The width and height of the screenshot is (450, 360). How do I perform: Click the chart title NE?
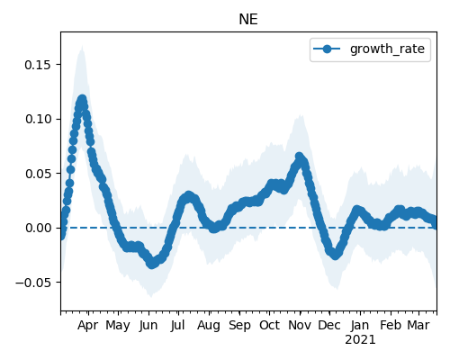(248, 20)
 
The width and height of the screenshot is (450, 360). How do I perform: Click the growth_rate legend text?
(387, 49)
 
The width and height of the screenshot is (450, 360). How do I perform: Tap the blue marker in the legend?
(327, 49)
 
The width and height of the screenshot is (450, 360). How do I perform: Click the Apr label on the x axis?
(87, 326)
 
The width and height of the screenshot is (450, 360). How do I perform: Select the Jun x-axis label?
(148, 326)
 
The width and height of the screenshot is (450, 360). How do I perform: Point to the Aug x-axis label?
(209, 326)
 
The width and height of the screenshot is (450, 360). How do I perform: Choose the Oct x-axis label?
(269, 326)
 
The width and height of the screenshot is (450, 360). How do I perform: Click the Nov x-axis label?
(300, 326)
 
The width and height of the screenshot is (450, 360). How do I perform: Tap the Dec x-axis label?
(329, 326)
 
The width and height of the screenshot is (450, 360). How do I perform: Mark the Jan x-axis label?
(360, 326)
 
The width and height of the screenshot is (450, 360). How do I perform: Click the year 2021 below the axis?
(360, 340)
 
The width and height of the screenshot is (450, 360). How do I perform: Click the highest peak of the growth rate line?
(82, 99)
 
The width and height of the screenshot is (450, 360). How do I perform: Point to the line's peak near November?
(299, 157)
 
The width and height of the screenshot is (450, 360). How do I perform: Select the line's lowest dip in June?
(152, 264)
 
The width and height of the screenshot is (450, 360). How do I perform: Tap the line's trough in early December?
(336, 255)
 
